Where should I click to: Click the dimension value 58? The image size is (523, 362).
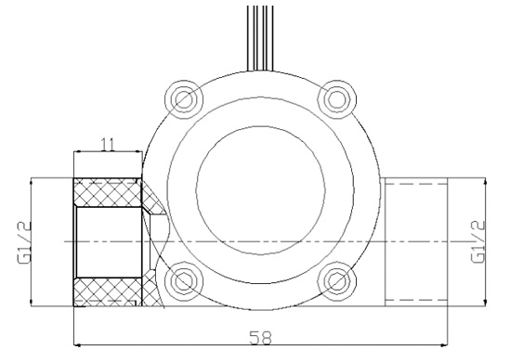[260, 338]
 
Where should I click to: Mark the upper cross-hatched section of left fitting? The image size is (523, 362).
[107, 193]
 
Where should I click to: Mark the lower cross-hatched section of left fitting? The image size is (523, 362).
[107, 291]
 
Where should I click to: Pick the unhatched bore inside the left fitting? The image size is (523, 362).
[107, 241]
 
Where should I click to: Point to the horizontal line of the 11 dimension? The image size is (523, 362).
[107, 153]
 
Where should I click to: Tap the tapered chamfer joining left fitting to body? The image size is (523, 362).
[151, 209]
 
